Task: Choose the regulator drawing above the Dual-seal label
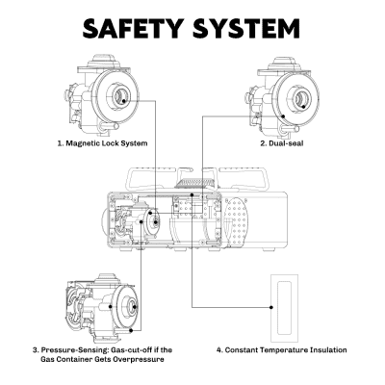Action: [285, 97]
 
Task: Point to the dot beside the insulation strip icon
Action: [274, 304]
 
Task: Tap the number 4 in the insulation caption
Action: [219, 349]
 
